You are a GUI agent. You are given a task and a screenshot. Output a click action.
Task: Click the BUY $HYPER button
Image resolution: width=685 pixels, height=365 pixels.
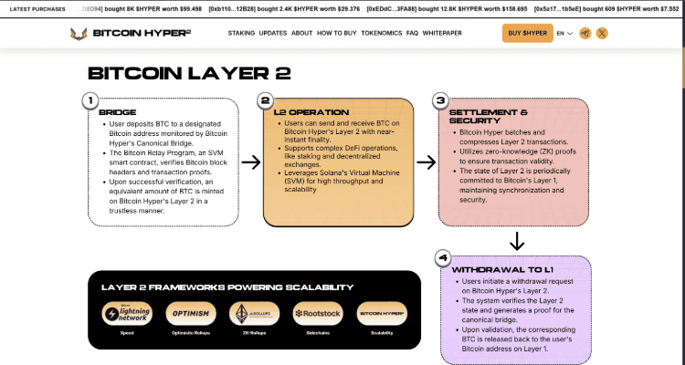tap(528, 33)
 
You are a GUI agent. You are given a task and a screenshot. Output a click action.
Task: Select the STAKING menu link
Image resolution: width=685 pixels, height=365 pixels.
tap(241, 33)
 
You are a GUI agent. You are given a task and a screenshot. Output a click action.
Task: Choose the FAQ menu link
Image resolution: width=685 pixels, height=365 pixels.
tap(412, 33)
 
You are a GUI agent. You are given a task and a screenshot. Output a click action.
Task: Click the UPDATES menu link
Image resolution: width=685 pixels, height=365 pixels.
tap(273, 33)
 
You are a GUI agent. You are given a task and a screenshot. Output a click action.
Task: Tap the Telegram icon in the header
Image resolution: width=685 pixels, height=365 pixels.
tap(585, 33)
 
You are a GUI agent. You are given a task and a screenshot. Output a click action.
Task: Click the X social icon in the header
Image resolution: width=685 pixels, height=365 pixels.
tap(602, 33)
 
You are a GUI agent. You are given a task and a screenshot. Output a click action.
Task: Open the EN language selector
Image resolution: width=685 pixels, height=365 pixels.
tap(564, 33)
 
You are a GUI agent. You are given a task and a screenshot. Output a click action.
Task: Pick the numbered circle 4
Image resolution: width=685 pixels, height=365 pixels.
tap(442, 258)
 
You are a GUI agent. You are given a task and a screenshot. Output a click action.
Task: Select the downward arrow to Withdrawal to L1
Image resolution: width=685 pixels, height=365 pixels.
tap(516, 242)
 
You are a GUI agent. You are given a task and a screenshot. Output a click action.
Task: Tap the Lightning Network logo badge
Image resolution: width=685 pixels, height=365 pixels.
tap(127, 314)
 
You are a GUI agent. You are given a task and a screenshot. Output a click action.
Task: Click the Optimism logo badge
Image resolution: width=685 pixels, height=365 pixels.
tap(191, 314)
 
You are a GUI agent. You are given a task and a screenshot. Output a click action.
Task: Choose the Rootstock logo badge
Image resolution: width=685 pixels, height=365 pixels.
tap(318, 314)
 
